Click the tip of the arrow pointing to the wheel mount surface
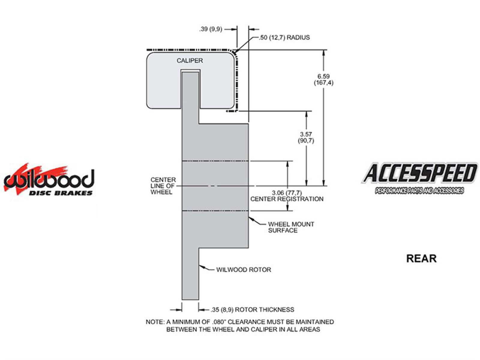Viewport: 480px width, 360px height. click(x=249, y=217)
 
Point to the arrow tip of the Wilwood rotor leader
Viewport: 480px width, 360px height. click(x=199, y=266)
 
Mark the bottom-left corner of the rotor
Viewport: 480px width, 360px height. click(x=182, y=300)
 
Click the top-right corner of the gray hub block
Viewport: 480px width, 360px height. click(x=248, y=124)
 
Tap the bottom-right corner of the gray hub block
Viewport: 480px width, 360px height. click(x=248, y=248)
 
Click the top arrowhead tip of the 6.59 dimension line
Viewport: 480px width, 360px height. click(x=324, y=50)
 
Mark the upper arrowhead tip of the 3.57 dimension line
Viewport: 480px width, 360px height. click(x=306, y=111)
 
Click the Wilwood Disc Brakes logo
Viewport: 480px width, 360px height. click(x=49, y=179)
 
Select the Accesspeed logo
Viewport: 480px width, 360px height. click(x=419, y=178)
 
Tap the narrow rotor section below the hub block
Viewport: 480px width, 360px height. click(x=190, y=274)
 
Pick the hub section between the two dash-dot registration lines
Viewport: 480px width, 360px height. click(x=215, y=186)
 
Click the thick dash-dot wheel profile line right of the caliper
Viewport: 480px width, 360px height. click(x=237, y=81)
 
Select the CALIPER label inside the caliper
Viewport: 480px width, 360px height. click(x=190, y=61)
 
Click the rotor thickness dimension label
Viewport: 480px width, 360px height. click(x=252, y=310)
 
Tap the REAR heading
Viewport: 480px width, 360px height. click(x=421, y=259)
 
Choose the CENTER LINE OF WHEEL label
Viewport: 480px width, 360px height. click(x=163, y=186)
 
